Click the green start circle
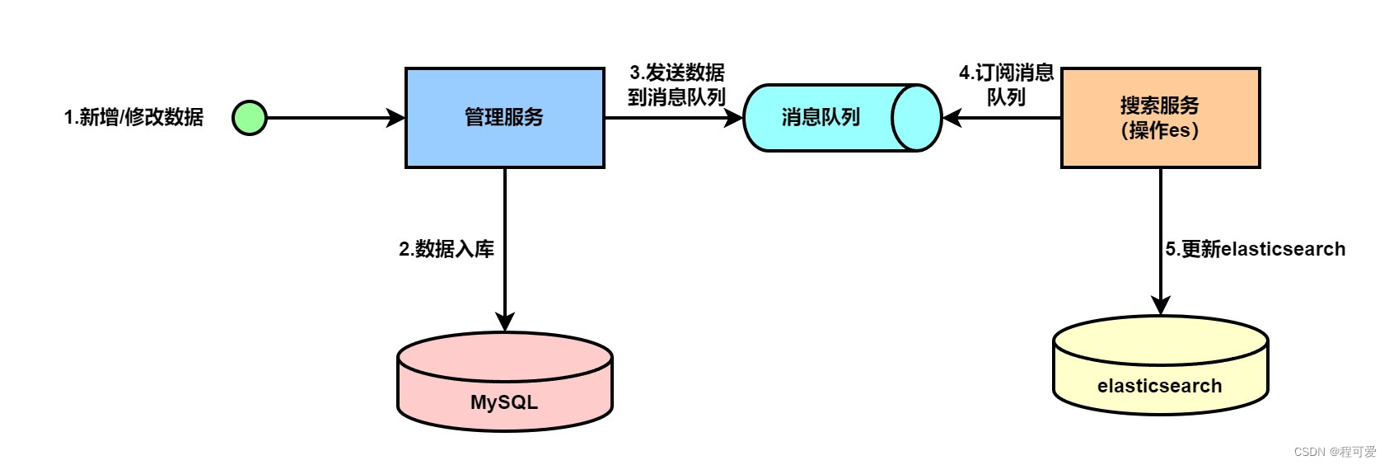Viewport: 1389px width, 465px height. coord(249,118)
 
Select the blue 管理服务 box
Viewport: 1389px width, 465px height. coord(504,118)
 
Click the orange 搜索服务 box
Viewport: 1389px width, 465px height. coord(1160,118)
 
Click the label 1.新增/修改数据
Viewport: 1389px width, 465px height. coord(133,117)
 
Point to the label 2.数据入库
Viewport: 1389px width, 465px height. coord(447,249)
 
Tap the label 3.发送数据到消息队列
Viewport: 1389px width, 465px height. coord(676,85)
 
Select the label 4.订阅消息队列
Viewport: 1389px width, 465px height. coord(1006,85)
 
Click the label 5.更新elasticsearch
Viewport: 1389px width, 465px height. coord(1255,249)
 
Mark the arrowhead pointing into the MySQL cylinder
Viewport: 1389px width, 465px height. coord(505,322)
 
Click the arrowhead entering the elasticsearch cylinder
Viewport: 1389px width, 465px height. coord(1161,305)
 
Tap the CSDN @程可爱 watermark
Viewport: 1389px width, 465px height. coord(1335,452)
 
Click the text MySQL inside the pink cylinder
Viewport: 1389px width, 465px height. coord(504,402)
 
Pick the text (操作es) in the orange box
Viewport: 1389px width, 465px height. coord(1160,130)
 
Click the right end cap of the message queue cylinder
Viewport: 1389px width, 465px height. coord(917,118)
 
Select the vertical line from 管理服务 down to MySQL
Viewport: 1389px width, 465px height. coord(505,239)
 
